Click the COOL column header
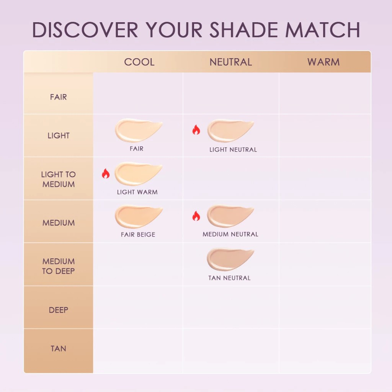[139, 62]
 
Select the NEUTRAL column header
[231, 62]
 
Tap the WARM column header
[323, 62]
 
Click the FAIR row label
[58, 97]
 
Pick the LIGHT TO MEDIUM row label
[58, 179]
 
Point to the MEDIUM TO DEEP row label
[58, 266]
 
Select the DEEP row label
[58, 310]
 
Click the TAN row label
[58, 349]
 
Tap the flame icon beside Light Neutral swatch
[196, 130]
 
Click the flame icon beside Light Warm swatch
[106, 174]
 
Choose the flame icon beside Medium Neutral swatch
[196, 216]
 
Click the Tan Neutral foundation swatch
[230, 259]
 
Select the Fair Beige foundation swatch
[138, 216]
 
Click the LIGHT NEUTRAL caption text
[233, 150]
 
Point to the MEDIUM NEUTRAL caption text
[230, 234]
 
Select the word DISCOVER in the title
[85, 30]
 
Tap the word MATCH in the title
[323, 30]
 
